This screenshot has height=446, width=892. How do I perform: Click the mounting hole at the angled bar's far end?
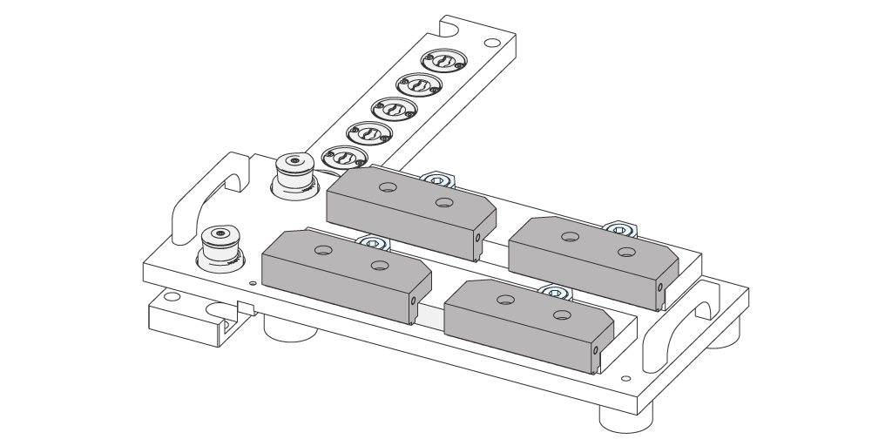(492, 41)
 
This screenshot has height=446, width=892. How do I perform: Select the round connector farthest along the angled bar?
(443, 62)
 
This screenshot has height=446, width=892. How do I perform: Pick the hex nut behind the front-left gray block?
(372, 243)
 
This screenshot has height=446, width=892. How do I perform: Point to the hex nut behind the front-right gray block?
(556, 293)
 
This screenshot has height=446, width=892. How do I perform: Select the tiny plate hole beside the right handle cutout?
(625, 379)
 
